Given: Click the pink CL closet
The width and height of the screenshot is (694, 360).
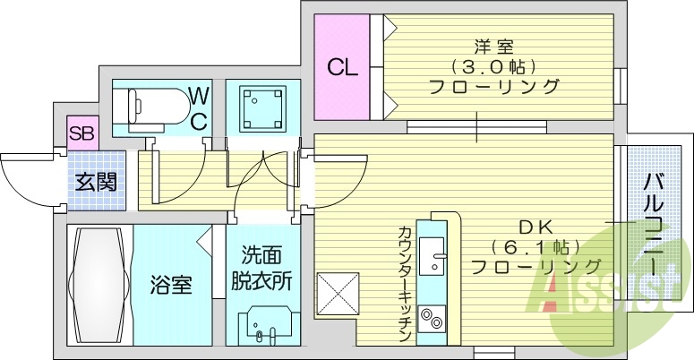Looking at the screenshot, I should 340,67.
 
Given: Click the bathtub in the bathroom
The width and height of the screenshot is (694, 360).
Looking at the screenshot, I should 99,285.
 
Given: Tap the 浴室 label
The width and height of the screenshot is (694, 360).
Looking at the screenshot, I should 170,287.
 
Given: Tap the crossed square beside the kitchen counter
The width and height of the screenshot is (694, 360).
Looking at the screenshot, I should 338,293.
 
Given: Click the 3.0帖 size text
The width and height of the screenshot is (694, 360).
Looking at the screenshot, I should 494,66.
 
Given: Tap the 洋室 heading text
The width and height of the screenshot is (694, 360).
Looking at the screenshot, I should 494,45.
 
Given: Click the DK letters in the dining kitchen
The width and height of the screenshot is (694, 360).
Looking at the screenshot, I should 535,226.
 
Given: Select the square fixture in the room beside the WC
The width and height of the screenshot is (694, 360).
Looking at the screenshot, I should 258,108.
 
